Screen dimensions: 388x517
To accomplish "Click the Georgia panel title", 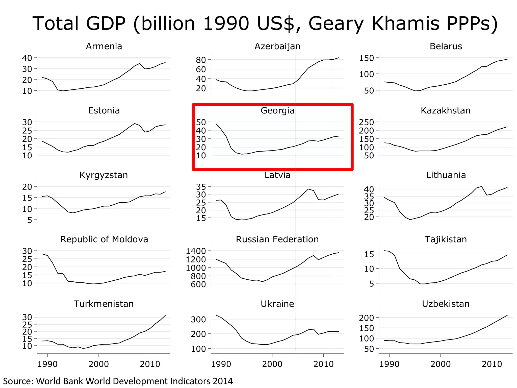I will click(x=277, y=111).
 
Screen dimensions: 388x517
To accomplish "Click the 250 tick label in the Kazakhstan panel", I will click(x=366, y=122).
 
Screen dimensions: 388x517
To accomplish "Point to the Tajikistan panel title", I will click(x=446, y=239).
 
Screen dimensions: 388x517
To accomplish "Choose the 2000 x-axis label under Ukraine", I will click(x=272, y=364).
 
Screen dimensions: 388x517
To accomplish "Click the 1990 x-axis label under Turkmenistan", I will click(x=47, y=364).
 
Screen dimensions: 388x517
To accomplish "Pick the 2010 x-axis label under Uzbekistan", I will click(x=492, y=364).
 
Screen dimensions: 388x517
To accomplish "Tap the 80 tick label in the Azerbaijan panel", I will click(x=201, y=60).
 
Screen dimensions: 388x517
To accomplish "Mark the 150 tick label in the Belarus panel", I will click(x=366, y=58).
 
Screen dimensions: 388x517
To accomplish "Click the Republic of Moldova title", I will click(x=104, y=239).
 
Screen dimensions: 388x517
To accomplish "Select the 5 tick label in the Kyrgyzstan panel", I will click(x=30, y=220).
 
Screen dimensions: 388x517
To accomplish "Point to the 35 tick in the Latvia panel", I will click(x=201, y=187).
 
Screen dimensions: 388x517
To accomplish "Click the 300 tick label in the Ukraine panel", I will click(x=198, y=319).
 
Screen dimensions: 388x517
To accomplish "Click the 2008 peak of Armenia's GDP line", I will click(x=140, y=63).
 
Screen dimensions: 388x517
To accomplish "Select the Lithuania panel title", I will click(x=446, y=175).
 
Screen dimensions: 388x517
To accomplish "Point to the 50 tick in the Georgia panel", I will click(x=201, y=122).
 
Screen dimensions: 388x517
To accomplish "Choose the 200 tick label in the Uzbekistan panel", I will click(x=366, y=318).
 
